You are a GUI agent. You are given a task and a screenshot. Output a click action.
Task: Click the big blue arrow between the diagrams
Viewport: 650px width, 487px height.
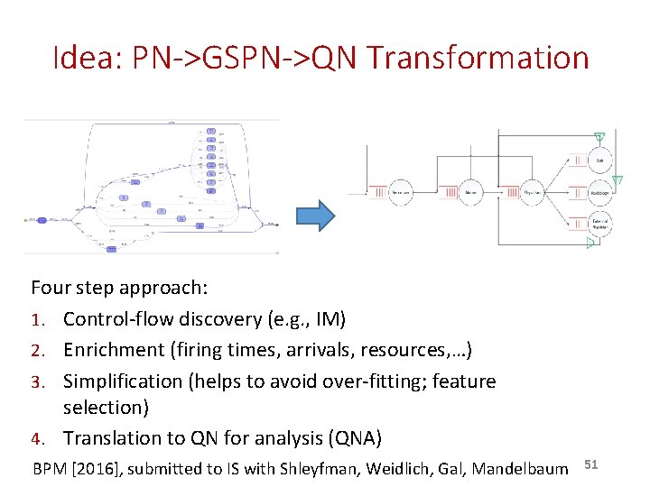click(x=315, y=216)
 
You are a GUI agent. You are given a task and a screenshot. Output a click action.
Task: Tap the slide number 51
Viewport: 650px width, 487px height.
click(x=591, y=464)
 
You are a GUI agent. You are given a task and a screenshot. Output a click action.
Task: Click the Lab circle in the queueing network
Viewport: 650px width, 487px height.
click(x=599, y=161)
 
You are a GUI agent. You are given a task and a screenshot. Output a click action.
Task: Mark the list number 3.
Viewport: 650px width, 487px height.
click(x=36, y=381)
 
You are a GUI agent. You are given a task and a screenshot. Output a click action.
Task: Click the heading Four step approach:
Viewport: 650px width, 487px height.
click(x=119, y=288)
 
